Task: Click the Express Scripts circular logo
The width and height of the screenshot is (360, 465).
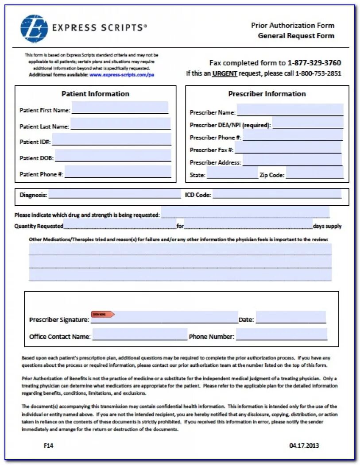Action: click(34, 28)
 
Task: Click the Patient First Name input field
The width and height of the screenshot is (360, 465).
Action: click(120, 108)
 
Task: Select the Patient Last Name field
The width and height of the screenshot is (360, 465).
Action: click(120, 124)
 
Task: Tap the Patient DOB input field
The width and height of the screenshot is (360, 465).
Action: click(113, 156)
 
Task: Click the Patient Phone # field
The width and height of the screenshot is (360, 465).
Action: click(118, 172)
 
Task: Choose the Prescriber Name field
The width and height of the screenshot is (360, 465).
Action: click(290, 110)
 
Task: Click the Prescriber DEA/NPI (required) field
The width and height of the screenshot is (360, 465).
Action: click(308, 123)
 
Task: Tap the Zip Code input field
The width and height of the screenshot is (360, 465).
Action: click(314, 173)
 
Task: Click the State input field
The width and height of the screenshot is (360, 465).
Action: click(232, 173)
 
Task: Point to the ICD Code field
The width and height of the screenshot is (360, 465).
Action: click(277, 194)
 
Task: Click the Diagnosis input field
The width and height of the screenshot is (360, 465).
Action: click(114, 194)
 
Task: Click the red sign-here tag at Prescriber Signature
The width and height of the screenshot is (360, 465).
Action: click(103, 314)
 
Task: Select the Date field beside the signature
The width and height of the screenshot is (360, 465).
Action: click(290, 318)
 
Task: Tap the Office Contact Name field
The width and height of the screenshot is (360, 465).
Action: click(139, 334)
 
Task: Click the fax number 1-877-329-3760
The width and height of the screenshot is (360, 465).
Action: click(314, 63)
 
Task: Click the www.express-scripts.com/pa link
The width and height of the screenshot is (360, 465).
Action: click(122, 75)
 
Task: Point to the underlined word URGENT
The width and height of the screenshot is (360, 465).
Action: click(225, 73)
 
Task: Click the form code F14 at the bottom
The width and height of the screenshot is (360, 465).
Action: click(49, 446)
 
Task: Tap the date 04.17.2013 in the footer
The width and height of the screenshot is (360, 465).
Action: click(304, 446)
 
